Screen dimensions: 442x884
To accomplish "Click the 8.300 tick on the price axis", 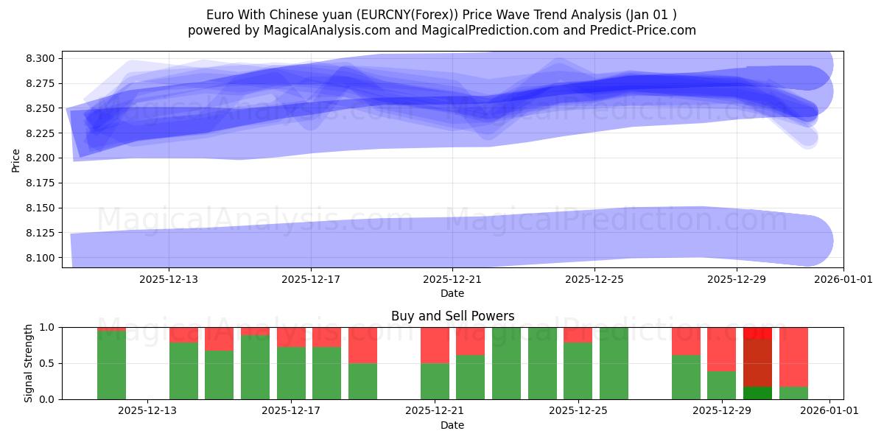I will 41,58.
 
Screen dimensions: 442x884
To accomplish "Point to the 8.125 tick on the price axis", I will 41,233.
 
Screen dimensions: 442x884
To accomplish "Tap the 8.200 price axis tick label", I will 41,158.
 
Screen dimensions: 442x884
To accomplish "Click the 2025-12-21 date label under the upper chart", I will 452,279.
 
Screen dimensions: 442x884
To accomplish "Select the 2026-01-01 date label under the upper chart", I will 843,279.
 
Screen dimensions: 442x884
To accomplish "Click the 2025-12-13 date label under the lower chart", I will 147,411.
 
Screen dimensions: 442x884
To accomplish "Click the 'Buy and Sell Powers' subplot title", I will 452,316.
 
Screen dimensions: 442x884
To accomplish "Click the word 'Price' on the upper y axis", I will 16,159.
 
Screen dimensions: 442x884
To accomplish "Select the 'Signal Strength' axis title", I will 29,363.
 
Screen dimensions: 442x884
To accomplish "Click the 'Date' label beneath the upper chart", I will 452,293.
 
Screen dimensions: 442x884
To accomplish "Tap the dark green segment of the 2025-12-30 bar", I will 757,393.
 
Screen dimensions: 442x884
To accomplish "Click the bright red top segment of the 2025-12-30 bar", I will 757,333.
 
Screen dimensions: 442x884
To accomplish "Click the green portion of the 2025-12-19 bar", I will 362,381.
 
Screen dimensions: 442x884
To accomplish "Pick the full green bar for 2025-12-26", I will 614,363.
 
